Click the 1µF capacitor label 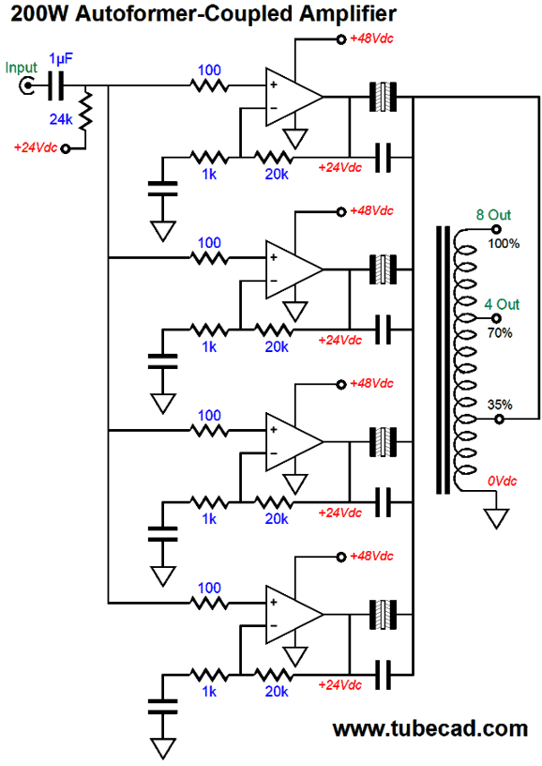pyautogui.click(x=61, y=59)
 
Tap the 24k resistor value pyautogui.click(x=61, y=118)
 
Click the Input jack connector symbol pyautogui.click(x=26, y=86)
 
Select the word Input pyautogui.click(x=21, y=68)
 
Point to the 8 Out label pyautogui.click(x=493, y=215)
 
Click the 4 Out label pyautogui.click(x=502, y=304)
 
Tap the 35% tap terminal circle pyautogui.click(x=499, y=420)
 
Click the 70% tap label pyautogui.click(x=500, y=333)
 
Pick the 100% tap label pyautogui.click(x=504, y=243)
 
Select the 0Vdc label pyautogui.click(x=502, y=482)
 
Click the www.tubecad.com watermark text pyautogui.click(x=429, y=728)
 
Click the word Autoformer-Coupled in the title pyautogui.click(x=185, y=14)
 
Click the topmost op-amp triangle pyautogui.click(x=294, y=97)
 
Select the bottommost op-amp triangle pyautogui.click(x=294, y=615)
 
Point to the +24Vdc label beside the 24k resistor pyautogui.click(x=36, y=147)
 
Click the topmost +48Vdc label pyautogui.click(x=371, y=38)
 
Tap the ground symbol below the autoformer pyautogui.click(x=497, y=518)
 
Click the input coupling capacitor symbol pyautogui.click(x=55, y=86)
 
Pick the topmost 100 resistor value pyautogui.click(x=209, y=70)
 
